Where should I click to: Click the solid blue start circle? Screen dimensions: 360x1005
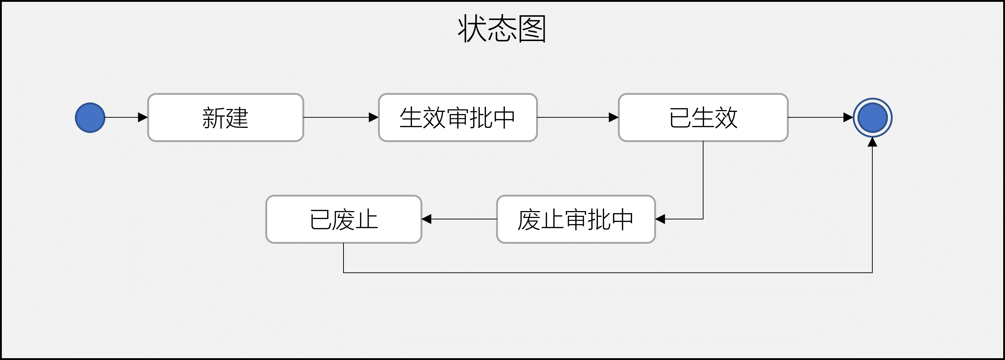coord(90,117)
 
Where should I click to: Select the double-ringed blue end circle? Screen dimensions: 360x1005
coord(872,117)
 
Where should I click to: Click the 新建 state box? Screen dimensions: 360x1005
coord(225,117)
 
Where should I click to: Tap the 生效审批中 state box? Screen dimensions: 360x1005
coord(458,117)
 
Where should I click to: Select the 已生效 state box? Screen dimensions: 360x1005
coord(703,117)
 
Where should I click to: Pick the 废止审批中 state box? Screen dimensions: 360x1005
coord(575,219)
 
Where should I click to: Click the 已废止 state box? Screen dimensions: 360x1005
coord(344,219)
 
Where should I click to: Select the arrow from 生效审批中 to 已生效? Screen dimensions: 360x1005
coord(578,117)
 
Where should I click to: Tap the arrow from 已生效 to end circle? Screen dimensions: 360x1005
coord(819,117)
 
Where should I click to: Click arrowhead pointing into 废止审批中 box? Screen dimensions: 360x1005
coord(660,219)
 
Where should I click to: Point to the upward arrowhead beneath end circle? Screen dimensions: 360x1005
coord(872,142)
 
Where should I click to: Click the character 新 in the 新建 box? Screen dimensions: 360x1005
coord(213,118)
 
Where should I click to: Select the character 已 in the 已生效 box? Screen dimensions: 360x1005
coord(680,118)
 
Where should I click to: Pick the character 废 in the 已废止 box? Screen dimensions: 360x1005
coord(344,219)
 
